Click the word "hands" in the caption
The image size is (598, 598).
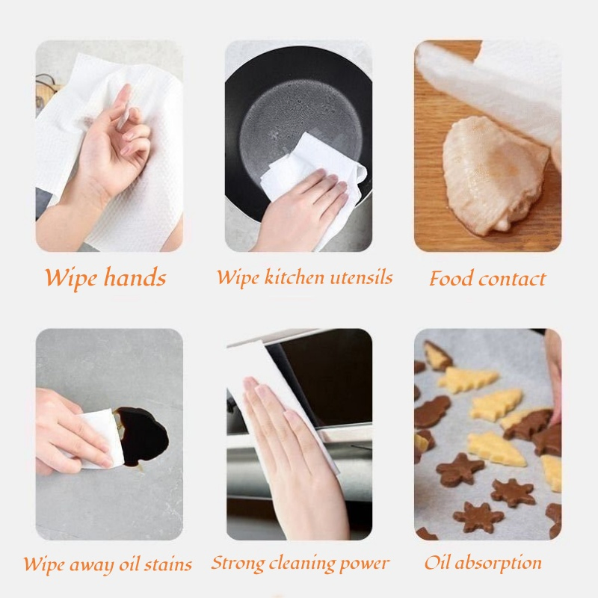[x=135, y=277]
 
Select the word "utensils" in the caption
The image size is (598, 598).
[x=361, y=277]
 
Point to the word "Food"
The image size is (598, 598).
[x=451, y=278]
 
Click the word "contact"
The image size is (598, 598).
[x=512, y=280]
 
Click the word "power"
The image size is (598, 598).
[x=365, y=564]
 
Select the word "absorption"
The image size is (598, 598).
[x=498, y=563]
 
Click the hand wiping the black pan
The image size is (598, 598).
[x=301, y=212]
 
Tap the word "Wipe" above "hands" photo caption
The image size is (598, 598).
[x=72, y=277]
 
